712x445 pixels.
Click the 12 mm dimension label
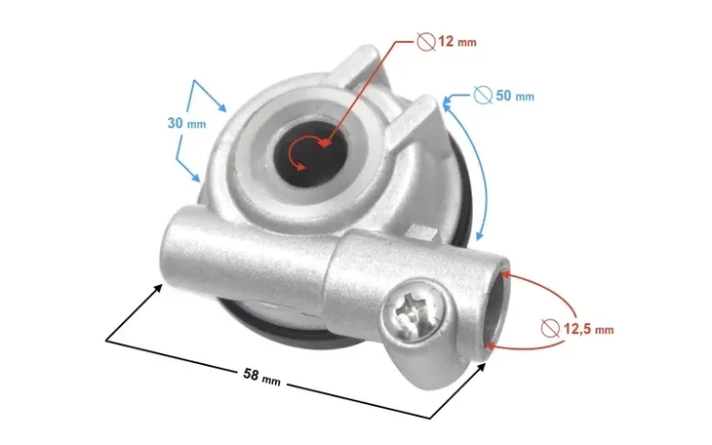pyautogui.click(x=457, y=42)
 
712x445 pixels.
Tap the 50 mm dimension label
pyautogui.click(x=514, y=96)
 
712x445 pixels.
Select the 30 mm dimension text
pyautogui.click(x=186, y=123)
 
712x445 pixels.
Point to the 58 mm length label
pyautogui.click(x=261, y=377)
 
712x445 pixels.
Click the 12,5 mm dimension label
pyautogui.click(x=588, y=329)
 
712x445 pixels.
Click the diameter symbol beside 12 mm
pyautogui.click(x=426, y=42)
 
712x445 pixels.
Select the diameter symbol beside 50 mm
pyautogui.click(x=483, y=95)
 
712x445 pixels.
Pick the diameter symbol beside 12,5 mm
pyautogui.click(x=551, y=328)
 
